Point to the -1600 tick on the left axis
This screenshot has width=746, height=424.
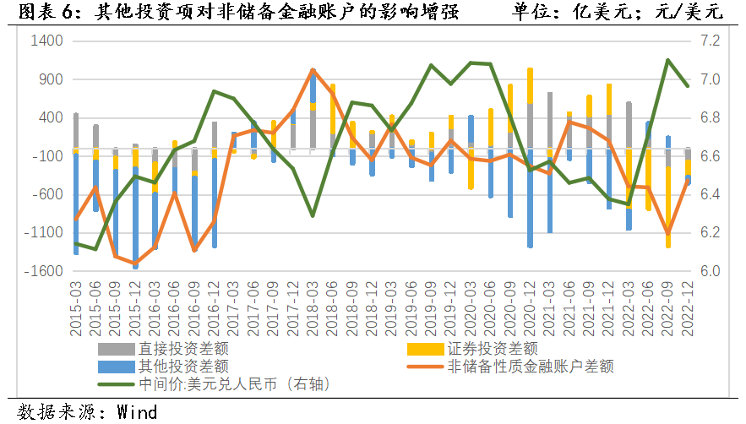[x=45, y=271]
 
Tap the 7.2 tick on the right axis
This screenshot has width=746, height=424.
[x=709, y=41]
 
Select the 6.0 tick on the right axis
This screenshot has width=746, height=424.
[x=709, y=271]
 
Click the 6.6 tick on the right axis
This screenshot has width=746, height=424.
[x=709, y=156]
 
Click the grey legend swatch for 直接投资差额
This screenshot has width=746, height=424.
[x=117, y=347]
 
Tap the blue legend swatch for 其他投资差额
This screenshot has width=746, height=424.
[x=117, y=366]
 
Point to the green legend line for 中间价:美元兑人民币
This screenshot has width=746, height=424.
[x=117, y=384]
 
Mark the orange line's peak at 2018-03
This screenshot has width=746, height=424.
[x=313, y=70]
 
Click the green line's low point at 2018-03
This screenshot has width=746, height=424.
[x=313, y=215]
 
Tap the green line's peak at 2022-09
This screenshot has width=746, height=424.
[x=667, y=60]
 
